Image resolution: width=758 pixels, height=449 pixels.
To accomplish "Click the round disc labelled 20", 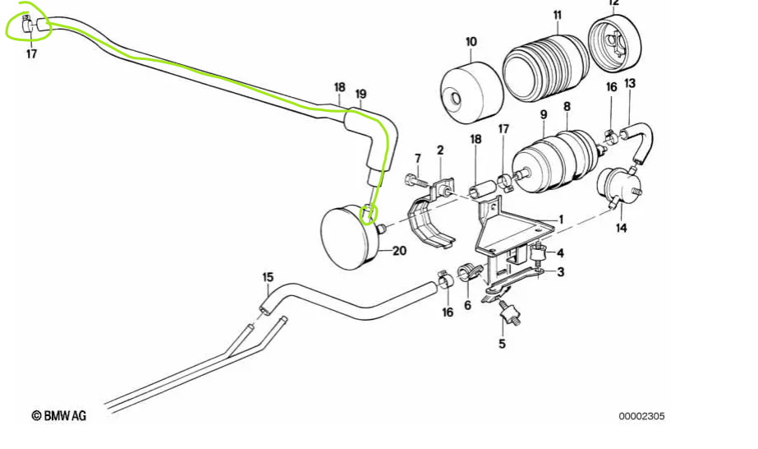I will tap(349, 237).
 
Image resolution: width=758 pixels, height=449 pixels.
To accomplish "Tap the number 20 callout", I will tap(399, 252).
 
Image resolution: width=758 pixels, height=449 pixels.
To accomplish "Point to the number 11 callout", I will tap(557, 16).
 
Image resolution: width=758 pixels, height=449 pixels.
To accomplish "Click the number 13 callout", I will tap(630, 84).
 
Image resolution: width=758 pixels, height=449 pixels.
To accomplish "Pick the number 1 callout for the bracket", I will tap(561, 220).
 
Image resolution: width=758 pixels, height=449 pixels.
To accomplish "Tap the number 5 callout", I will tap(502, 343).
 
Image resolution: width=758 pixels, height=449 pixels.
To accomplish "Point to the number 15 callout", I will tap(266, 277).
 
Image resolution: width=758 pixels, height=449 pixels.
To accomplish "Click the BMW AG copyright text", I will tap(58, 416).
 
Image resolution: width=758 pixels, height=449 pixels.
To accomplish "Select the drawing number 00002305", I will tap(641, 416).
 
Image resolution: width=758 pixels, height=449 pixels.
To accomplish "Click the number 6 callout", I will tap(467, 305).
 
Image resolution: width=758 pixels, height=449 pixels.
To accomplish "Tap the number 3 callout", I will tap(560, 272).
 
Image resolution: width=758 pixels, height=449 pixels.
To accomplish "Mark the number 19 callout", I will tap(361, 94).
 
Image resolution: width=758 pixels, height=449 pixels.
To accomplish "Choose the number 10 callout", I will tap(471, 41).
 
